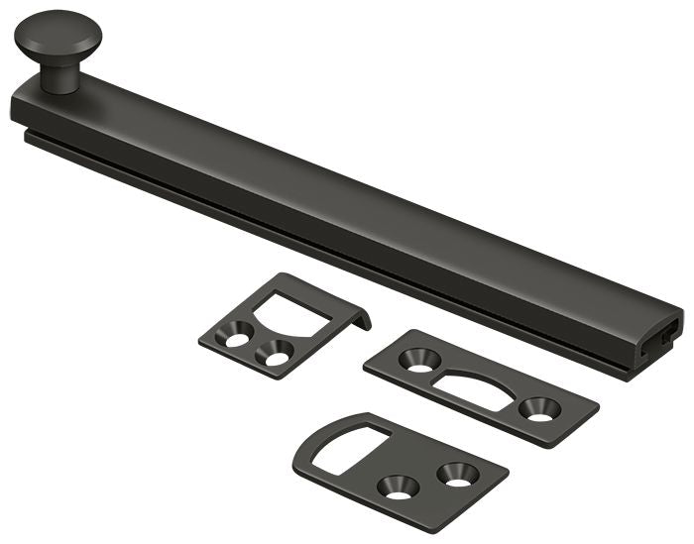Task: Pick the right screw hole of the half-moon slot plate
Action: point(541,406)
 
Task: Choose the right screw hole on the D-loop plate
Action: point(457,473)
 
